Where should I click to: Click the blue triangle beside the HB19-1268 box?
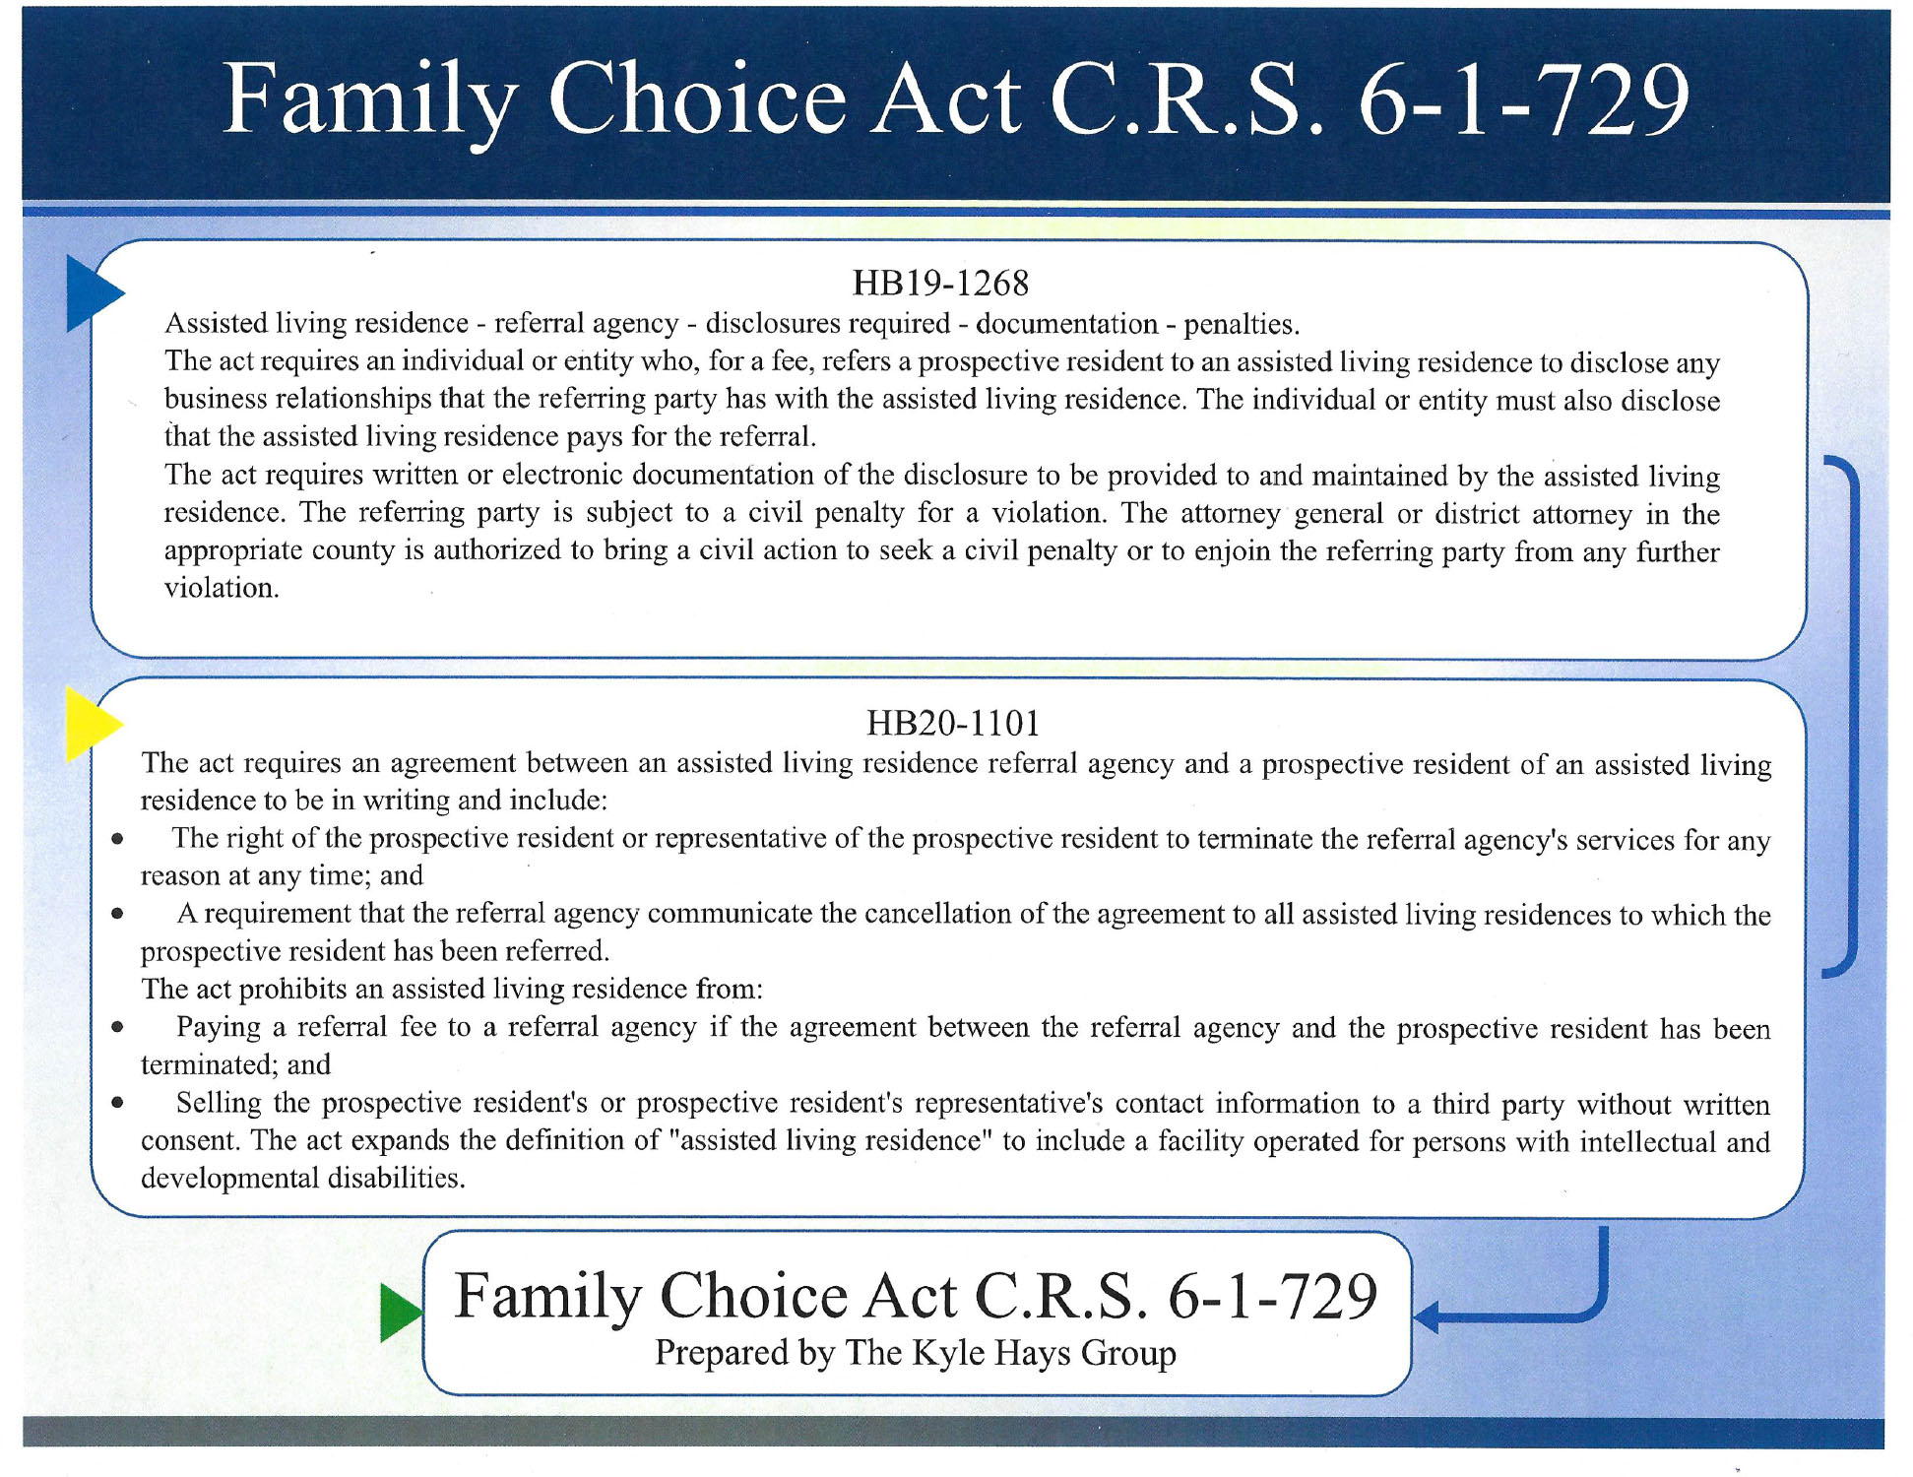[90, 292]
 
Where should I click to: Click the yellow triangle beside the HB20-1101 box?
[89, 725]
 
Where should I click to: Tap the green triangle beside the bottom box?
[398, 1313]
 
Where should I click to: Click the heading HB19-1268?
[940, 284]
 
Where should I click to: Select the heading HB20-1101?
[953, 724]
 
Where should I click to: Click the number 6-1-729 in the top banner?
[1523, 100]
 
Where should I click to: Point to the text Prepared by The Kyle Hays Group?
[916, 1353]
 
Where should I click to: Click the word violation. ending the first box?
[222, 588]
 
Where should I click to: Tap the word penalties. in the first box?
[1242, 324]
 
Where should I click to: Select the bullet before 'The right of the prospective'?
[117, 839]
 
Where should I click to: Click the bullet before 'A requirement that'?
[117, 914]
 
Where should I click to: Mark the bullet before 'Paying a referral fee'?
[117, 1027]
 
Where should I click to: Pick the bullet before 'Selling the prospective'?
[117, 1103]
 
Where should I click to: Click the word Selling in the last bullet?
[219, 1103]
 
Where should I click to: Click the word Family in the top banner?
[370, 100]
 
